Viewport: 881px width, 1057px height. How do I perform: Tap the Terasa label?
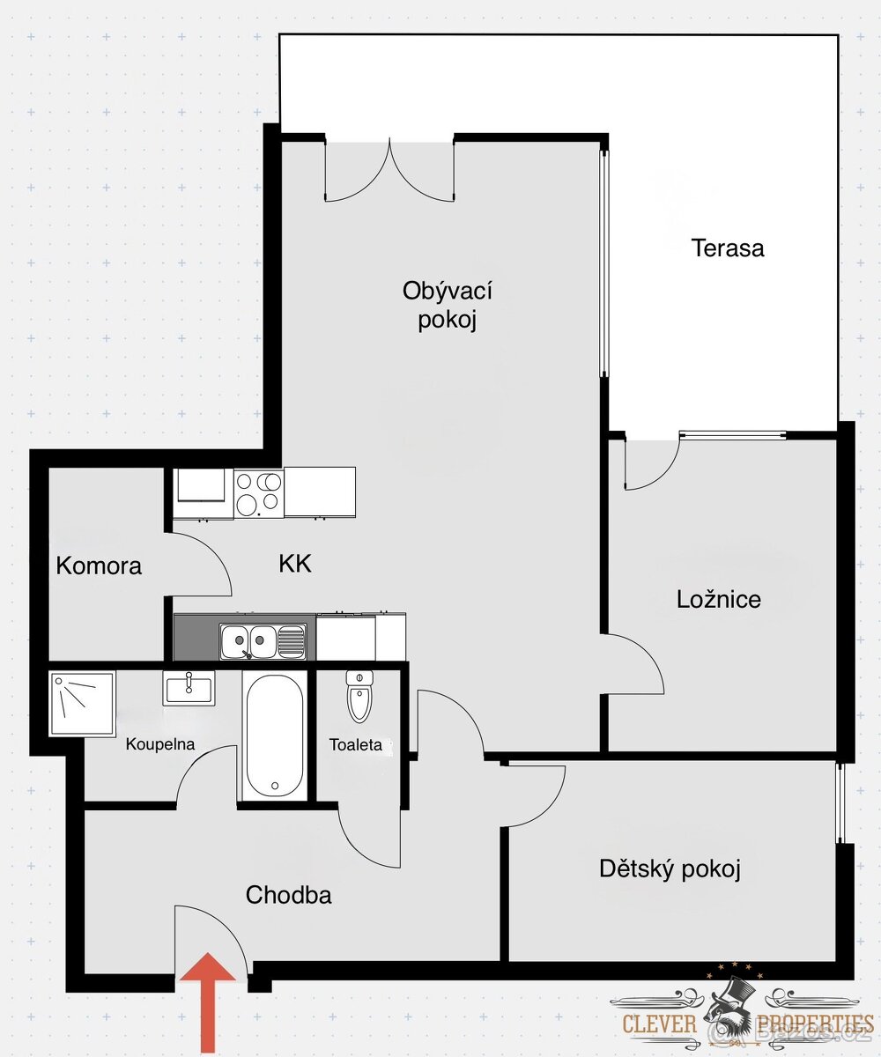pyautogui.click(x=728, y=248)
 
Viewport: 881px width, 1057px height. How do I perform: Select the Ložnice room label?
pyautogui.click(x=719, y=600)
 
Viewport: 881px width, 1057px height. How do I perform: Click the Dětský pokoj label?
pyautogui.click(x=670, y=869)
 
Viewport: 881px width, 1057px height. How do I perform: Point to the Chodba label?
pyautogui.click(x=289, y=896)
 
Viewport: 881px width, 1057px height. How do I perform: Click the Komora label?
pyautogui.click(x=99, y=565)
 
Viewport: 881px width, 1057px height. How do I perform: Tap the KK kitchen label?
pyautogui.click(x=295, y=564)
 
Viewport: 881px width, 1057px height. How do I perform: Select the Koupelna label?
pyautogui.click(x=160, y=744)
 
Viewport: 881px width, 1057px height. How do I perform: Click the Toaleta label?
pyautogui.click(x=356, y=745)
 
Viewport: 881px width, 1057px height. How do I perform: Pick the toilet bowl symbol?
pyautogui.click(x=359, y=697)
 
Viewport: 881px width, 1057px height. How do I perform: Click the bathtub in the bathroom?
pyautogui.click(x=275, y=736)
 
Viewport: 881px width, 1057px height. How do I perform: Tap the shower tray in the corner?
pyautogui.click(x=83, y=704)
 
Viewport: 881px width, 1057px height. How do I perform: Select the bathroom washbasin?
pyautogui.click(x=189, y=687)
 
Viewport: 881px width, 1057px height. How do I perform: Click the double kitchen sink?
pyautogui.click(x=263, y=641)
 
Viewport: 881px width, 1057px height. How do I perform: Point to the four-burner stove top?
pyautogui.click(x=259, y=492)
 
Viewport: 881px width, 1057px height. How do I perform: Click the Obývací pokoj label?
pyautogui.click(x=447, y=305)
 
